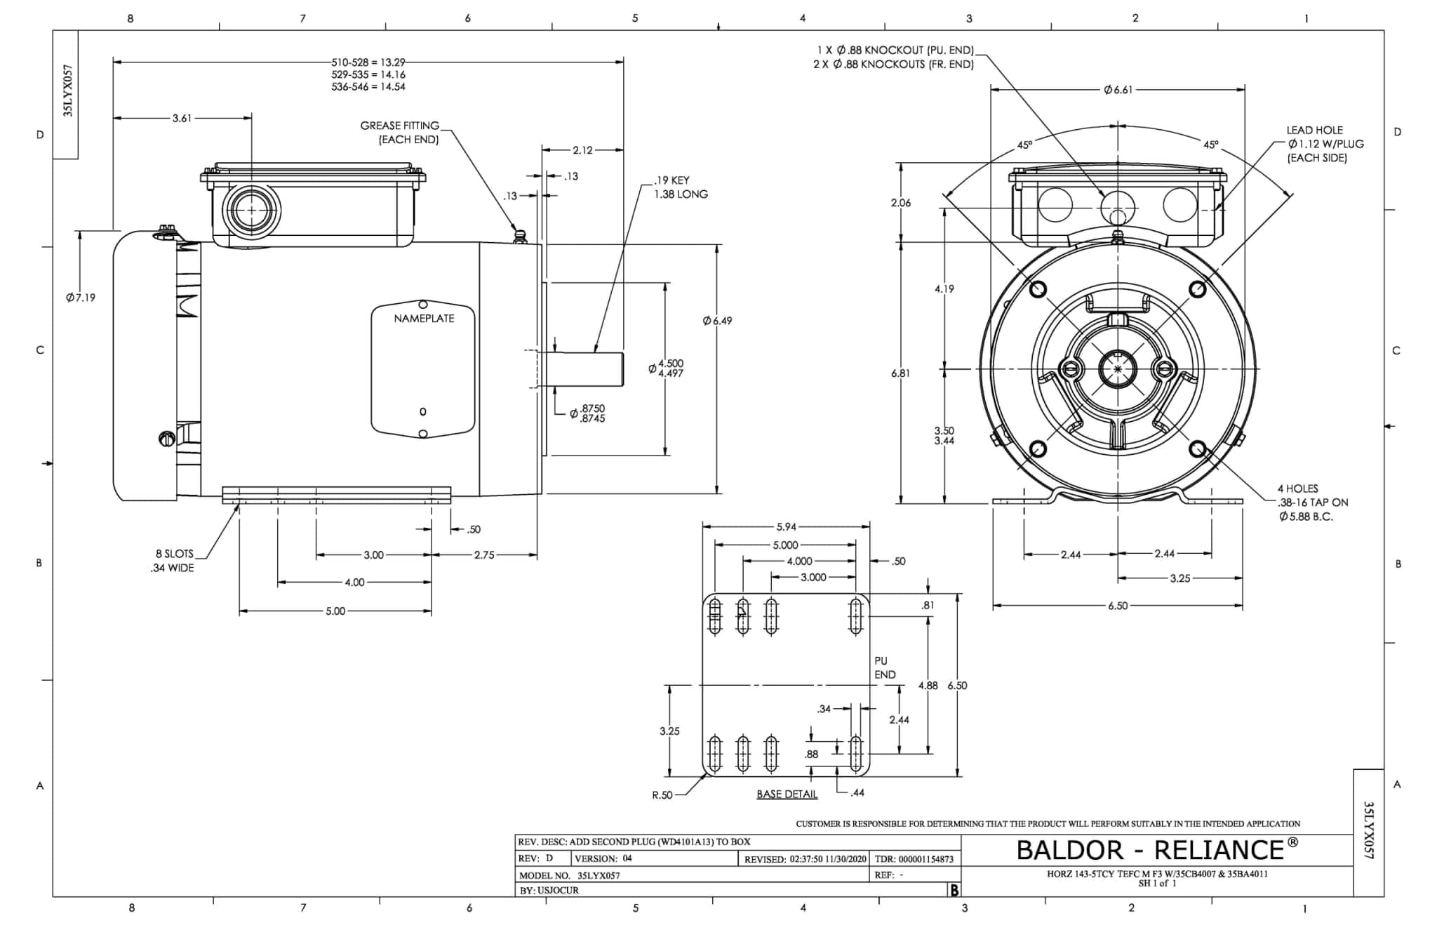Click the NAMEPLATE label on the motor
(424, 319)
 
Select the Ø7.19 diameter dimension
(81, 298)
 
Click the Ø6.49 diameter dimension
(717, 321)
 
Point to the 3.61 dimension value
(182, 118)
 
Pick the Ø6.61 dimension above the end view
(1118, 90)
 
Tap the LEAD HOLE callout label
(1314, 131)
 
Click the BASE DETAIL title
(787, 794)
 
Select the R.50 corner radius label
(662, 795)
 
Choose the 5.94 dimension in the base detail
(786, 526)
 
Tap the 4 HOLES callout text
(1297, 489)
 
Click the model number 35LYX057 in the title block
(599, 875)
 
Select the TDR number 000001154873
(924, 859)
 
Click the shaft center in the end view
(1117, 368)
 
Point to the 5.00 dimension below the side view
(335, 611)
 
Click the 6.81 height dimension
(900, 373)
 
